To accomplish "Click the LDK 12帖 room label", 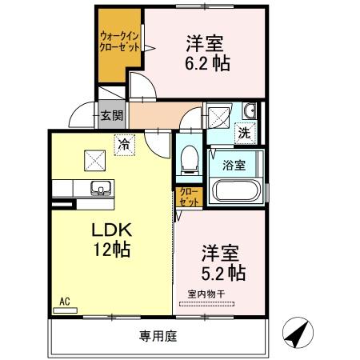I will (x=111, y=238).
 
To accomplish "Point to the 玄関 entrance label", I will (x=111, y=114).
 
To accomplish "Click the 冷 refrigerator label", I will (x=123, y=145).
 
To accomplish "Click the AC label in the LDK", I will (x=66, y=302).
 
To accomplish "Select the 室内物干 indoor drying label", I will (x=206, y=293).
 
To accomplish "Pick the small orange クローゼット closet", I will (x=187, y=198).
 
